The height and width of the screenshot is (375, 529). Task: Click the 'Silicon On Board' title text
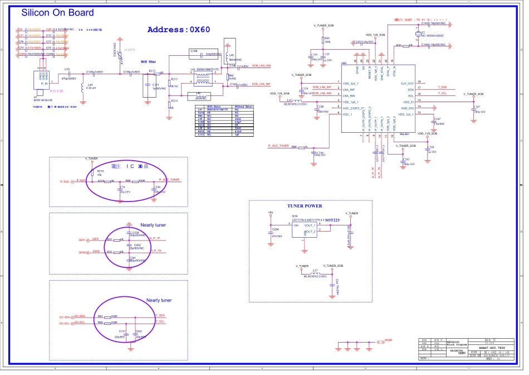(x=57, y=12)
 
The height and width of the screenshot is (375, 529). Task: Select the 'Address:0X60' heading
(x=178, y=30)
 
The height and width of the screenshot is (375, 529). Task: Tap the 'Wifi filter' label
(x=148, y=61)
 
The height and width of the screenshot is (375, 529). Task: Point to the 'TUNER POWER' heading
(x=305, y=206)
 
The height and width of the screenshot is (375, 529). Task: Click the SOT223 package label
(x=333, y=220)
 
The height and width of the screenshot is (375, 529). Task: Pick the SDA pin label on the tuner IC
(x=411, y=89)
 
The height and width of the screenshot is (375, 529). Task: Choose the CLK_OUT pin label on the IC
(x=407, y=83)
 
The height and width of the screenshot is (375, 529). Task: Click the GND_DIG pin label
(x=408, y=108)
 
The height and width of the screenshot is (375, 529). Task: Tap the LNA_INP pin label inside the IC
(x=349, y=89)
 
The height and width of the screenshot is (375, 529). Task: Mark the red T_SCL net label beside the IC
(x=442, y=94)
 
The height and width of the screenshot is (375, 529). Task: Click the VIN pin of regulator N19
(x=296, y=225)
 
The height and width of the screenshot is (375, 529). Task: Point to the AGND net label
(x=389, y=339)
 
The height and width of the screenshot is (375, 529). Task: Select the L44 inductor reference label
(x=90, y=84)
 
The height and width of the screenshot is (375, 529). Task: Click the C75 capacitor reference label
(x=67, y=69)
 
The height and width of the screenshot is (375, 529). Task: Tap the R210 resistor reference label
(x=100, y=170)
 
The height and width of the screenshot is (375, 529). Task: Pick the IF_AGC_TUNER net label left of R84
(x=278, y=145)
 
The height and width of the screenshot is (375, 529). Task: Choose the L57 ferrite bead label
(x=315, y=270)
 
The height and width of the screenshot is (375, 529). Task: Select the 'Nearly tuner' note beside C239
(x=153, y=225)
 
